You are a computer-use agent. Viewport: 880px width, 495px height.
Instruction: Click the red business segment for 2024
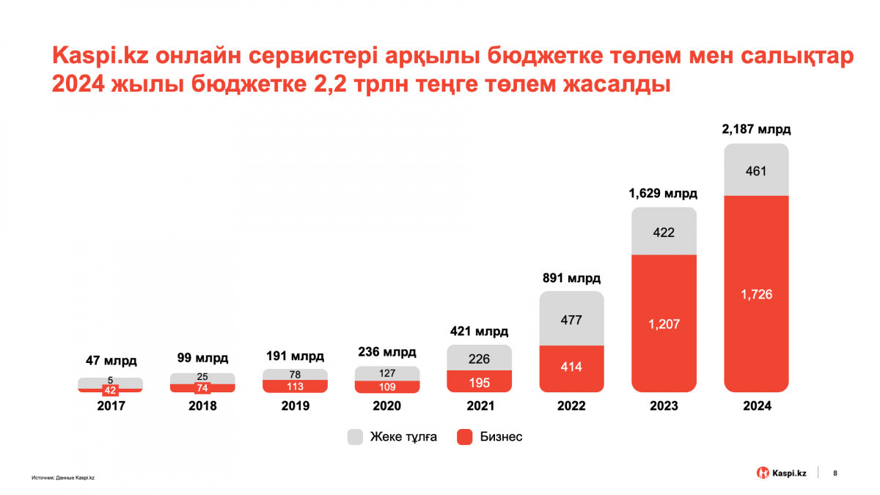(756, 293)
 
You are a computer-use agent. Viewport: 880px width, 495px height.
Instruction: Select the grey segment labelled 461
(756, 171)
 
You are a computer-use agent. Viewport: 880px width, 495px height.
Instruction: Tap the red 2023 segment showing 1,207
(664, 323)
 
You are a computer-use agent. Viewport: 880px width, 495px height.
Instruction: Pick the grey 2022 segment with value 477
(571, 319)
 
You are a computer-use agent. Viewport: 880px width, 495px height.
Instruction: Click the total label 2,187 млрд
(756, 130)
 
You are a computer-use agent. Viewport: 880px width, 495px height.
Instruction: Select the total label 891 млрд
(571, 279)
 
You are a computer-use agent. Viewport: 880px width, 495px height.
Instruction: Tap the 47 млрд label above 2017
(110, 360)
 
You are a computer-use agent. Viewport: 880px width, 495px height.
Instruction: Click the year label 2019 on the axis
(295, 406)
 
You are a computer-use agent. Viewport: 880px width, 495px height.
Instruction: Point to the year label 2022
(571, 406)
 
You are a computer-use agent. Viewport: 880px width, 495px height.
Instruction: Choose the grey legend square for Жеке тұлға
(356, 437)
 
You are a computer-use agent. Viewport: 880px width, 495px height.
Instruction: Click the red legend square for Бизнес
(464, 437)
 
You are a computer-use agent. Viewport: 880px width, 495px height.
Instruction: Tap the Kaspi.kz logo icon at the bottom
(763, 473)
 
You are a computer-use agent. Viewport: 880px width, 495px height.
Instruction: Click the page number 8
(836, 473)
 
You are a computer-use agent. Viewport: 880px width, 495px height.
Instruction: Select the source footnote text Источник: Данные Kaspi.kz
(64, 477)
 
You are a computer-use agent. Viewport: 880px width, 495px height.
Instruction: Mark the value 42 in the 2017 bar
(110, 390)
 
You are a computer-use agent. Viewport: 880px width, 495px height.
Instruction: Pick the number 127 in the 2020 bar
(387, 373)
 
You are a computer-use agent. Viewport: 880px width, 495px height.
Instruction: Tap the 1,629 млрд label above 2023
(664, 194)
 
